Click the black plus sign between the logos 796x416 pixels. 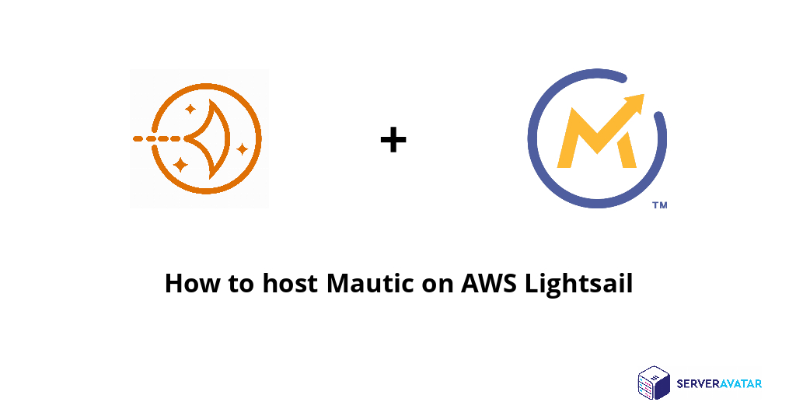coord(393,140)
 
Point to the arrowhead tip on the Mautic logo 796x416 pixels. coord(641,98)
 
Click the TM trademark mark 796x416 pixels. coord(659,206)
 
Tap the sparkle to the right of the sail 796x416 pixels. coord(243,148)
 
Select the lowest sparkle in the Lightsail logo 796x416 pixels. coord(180,164)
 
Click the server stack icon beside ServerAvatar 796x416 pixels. coord(653,383)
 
